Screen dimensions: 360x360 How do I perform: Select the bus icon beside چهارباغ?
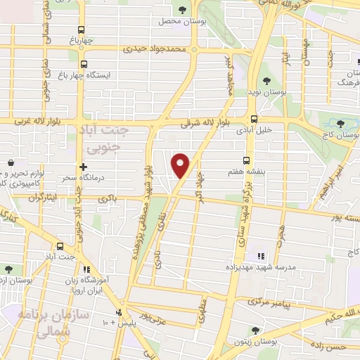pos(82,30)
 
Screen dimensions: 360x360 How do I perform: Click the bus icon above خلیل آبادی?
pos(253,119)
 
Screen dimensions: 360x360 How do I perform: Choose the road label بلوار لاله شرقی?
pos(202,123)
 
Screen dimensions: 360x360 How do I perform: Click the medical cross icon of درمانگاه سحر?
pos(83,167)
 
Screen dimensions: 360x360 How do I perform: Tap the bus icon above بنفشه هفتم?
pos(246,160)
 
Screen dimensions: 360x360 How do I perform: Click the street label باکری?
pos(108,199)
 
